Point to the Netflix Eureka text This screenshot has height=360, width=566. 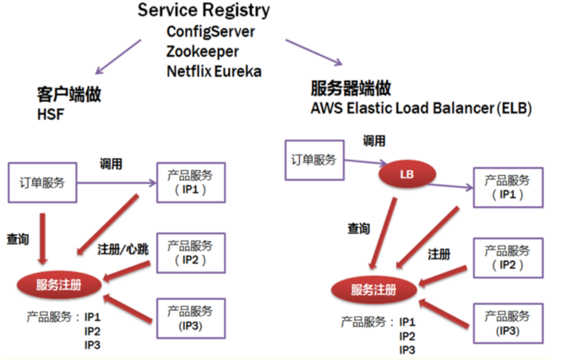tap(215, 70)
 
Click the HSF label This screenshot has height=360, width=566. tap(49, 112)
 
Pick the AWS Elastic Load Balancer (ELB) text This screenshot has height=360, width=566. tap(421, 108)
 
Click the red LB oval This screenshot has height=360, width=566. tap(410, 173)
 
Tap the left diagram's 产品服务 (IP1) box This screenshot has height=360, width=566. tap(190, 183)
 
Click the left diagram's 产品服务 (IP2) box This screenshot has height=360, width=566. tap(190, 251)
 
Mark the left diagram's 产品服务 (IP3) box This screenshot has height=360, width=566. tap(190, 319)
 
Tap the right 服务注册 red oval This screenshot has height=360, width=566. tap(373, 291)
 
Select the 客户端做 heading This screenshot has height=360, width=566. tap(63, 93)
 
